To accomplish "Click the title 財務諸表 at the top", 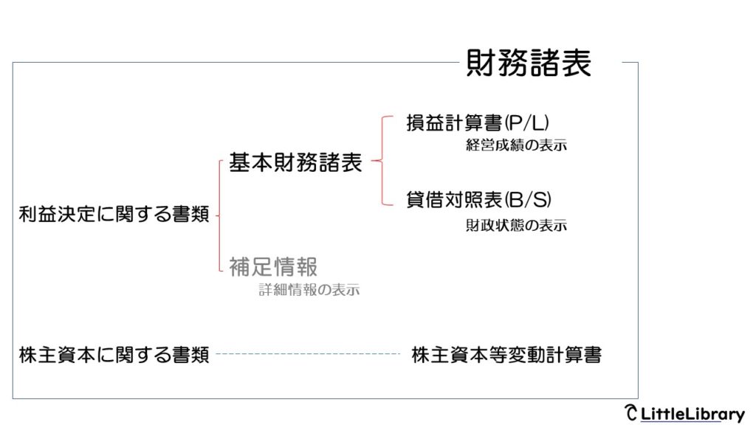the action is coord(529,63).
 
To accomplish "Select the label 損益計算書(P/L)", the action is coord(478,123).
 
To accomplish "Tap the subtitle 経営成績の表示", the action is coord(516,145).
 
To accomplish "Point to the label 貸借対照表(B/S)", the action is coord(478,199).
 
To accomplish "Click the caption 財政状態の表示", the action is coord(516,225).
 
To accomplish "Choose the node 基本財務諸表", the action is coord(295,162).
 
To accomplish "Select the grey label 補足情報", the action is coord(273,267).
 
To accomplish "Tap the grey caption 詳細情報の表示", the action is coord(309,289).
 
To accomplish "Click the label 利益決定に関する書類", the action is coord(114,214).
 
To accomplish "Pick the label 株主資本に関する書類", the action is coord(114,355).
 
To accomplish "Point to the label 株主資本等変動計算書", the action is coord(506,355).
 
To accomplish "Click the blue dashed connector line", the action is coord(308,353).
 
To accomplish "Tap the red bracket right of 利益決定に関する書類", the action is coord(219,216).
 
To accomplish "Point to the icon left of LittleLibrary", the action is coord(630,412).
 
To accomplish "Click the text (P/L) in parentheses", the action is coord(526,123).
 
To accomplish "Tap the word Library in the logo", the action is coord(715,415).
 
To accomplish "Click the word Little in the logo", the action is coord(662,413).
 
